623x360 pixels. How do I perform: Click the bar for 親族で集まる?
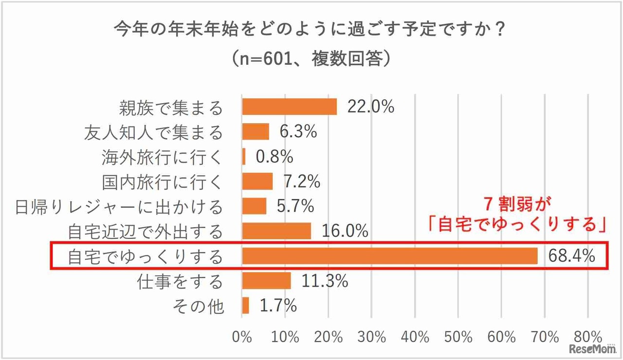[x=290, y=107]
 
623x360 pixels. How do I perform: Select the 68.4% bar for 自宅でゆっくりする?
[x=389, y=256]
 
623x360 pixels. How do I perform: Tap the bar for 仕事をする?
[x=266, y=281]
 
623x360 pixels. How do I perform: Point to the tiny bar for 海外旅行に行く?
[x=244, y=157]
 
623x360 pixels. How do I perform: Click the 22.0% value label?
[x=370, y=107]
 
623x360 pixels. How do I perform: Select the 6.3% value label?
[x=298, y=131]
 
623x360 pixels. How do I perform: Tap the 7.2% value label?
[x=302, y=181]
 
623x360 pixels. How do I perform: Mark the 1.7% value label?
[x=278, y=306]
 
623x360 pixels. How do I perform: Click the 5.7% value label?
[x=295, y=206]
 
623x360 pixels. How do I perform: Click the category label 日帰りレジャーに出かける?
[x=119, y=207]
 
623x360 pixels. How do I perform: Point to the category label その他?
[x=199, y=306]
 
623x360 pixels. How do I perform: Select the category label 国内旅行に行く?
[x=162, y=182]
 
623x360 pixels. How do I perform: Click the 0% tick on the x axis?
[x=242, y=337]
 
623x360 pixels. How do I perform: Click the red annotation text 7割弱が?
[x=518, y=203]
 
